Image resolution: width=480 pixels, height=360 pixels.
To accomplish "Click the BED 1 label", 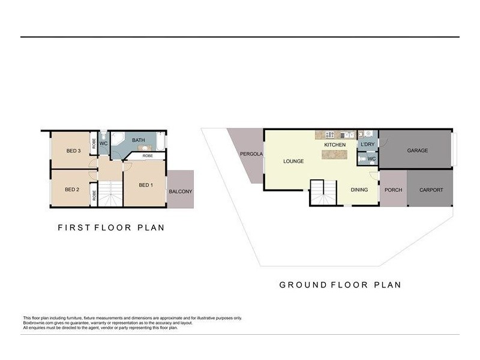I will (x=145, y=185).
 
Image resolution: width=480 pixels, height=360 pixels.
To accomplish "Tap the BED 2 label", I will (x=72, y=190).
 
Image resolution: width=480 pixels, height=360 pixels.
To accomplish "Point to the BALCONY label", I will (x=181, y=191).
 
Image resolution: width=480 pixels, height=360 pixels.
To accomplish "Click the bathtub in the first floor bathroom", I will (x=160, y=143).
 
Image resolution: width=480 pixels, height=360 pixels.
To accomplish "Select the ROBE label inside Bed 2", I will (x=94, y=196).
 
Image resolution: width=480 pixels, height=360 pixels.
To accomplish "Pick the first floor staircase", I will (x=110, y=194).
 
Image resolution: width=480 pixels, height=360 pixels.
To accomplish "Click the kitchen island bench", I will (x=335, y=155).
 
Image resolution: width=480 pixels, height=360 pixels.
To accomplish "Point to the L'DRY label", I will (x=367, y=145).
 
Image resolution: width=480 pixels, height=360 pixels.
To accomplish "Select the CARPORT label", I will (x=431, y=190).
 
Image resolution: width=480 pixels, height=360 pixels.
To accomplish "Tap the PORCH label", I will (x=394, y=190).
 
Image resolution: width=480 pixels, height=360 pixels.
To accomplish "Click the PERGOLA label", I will (x=251, y=154).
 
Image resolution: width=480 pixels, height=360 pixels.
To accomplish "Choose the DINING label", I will (x=359, y=190).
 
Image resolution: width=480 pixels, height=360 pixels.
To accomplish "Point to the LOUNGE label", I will (x=293, y=161).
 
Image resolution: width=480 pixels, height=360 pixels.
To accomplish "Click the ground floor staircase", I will (x=323, y=193).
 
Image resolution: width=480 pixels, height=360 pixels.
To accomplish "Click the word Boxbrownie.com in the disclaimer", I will (x=39, y=323).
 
